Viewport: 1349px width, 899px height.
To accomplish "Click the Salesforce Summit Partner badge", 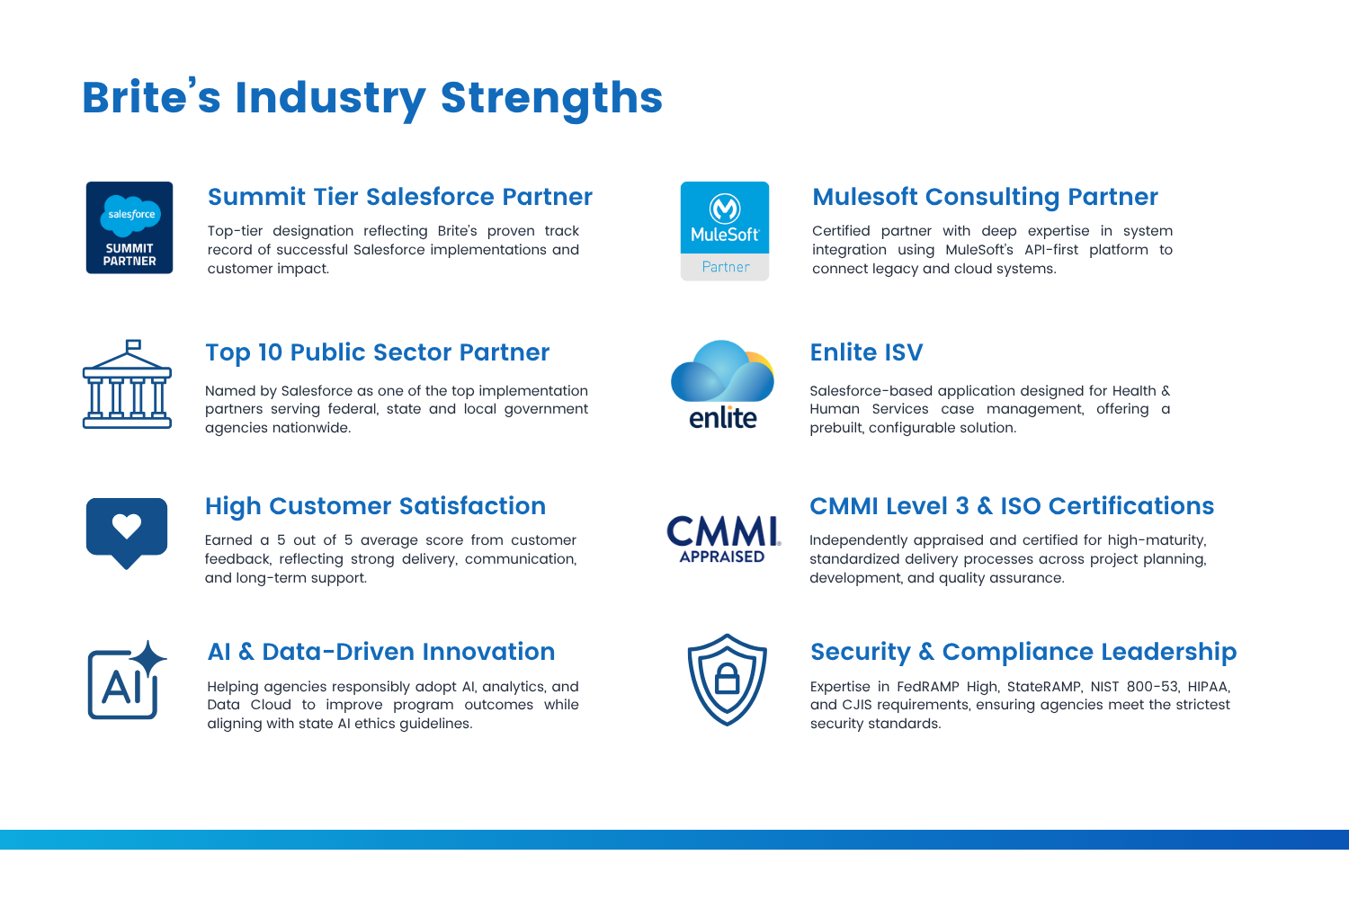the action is point(130,227).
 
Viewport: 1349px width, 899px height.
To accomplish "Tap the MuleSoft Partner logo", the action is point(725,231).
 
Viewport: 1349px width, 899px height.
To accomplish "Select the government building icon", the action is point(127,384).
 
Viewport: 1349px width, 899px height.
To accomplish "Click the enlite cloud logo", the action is point(723,385).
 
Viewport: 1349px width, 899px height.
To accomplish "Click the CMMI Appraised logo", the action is point(723,539).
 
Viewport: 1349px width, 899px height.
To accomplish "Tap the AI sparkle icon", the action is point(127,681).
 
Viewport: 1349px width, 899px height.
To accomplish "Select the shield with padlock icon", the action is point(728,680).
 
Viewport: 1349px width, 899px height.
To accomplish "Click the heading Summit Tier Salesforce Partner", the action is point(400,197).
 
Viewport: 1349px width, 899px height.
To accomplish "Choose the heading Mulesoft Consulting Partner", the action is point(985,197).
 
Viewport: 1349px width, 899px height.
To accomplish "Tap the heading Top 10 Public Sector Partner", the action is point(377,352).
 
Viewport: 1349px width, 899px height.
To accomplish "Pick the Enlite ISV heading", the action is point(866,352).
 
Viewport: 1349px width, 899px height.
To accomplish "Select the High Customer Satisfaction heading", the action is point(375,506).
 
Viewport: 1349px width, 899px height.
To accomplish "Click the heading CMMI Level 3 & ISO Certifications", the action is point(1011,506).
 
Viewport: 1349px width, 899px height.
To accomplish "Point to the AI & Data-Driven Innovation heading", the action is point(380,652).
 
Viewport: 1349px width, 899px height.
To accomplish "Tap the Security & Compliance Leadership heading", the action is point(1023,652).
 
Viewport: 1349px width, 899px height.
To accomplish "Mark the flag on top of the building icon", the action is point(133,345).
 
